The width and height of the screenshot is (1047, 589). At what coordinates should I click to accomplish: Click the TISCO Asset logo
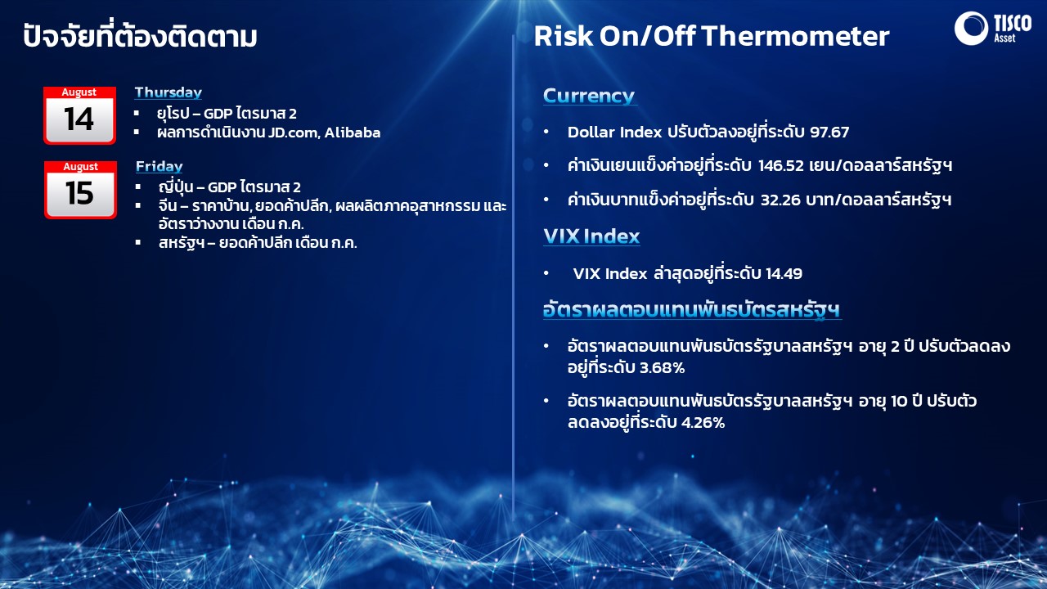992,29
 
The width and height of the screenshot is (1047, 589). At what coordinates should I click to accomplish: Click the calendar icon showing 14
79,115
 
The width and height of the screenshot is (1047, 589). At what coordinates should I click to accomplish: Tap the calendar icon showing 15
79,189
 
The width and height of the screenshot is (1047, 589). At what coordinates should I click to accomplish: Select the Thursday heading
168,92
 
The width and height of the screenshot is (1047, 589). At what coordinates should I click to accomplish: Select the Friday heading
159,167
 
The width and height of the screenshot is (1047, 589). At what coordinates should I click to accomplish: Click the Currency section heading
589,96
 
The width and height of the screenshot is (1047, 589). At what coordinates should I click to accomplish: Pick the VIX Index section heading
591,236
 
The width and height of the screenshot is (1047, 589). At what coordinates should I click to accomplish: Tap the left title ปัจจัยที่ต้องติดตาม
140,37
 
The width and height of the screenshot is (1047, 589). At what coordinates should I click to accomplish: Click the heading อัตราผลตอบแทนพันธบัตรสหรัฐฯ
692,311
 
